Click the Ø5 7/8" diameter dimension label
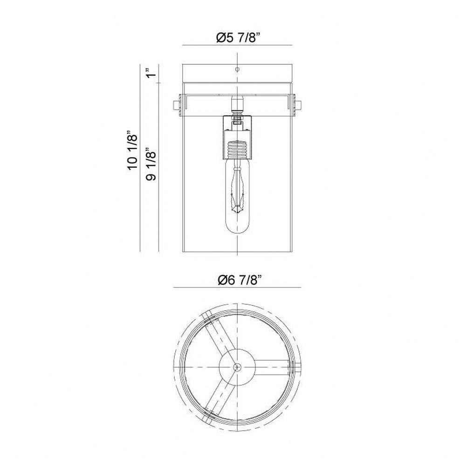[x=238, y=38]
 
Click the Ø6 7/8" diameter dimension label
[x=239, y=280]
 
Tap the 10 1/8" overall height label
[x=133, y=151]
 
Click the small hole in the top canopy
[x=237, y=69]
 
